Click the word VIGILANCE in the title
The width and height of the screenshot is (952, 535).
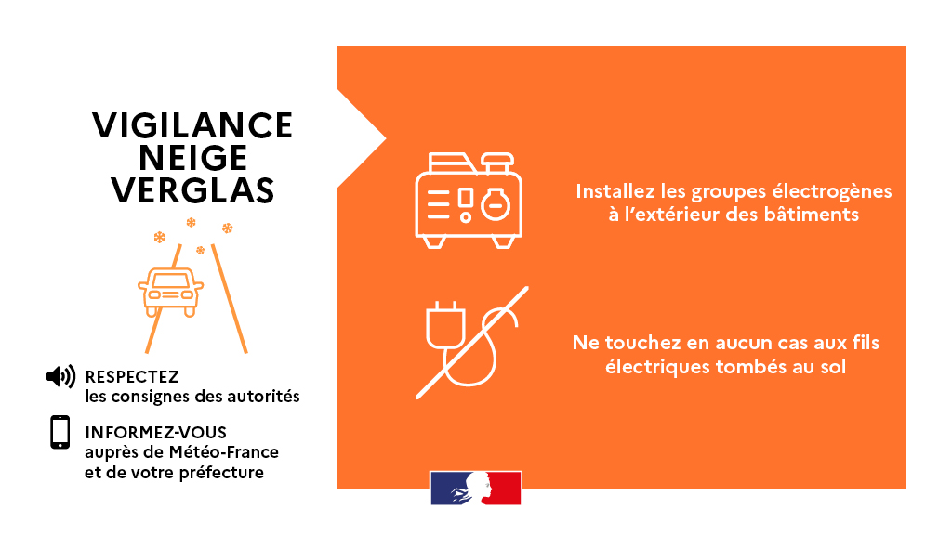[x=192, y=125]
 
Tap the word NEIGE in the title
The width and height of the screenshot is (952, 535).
[x=193, y=158]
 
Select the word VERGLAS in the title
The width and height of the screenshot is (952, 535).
[x=193, y=190]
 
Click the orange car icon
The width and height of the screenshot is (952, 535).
[x=170, y=291]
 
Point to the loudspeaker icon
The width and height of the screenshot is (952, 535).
[x=60, y=376]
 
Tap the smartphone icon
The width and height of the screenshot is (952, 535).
[x=60, y=433]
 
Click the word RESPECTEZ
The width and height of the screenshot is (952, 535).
[x=131, y=377]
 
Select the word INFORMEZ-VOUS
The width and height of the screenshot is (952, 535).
[x=155, y=433]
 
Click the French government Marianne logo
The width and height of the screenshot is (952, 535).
[x=475, y=488]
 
